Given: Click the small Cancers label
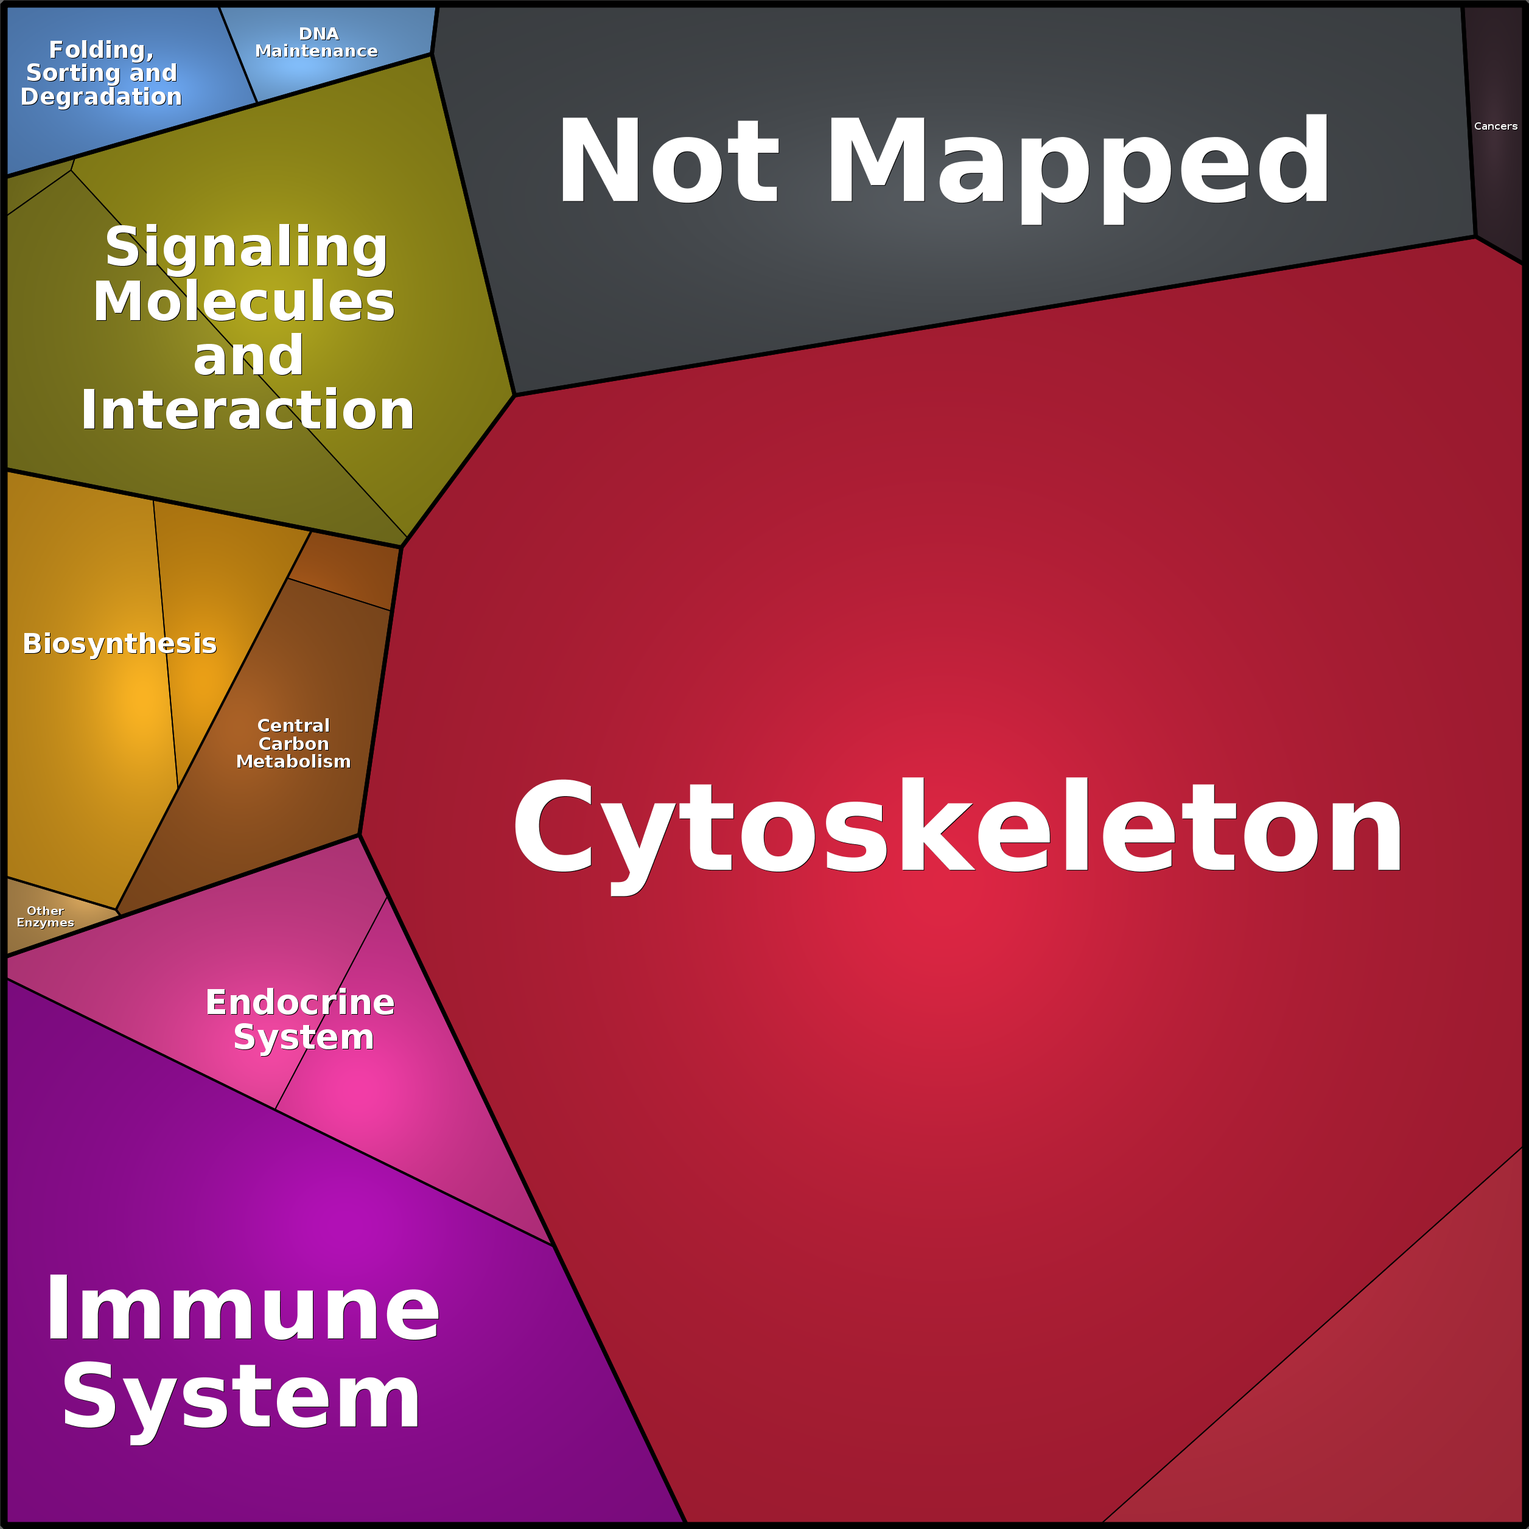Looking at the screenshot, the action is point(1495,126).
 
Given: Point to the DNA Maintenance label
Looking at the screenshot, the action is point(317,42).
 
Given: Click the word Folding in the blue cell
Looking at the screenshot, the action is point(101,50).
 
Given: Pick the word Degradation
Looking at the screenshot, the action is point(101,97).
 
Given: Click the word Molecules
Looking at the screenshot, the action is point(243,301).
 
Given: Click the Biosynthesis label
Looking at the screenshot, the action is point(119,643).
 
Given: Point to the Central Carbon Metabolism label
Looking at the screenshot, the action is point(293,743).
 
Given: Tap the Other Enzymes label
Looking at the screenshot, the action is point(45,917).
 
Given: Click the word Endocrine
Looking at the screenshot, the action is point(300,1002).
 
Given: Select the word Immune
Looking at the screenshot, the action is point(242,1310).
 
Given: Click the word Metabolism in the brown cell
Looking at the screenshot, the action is point(293,761).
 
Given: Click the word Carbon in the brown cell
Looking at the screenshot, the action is point(293,743).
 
